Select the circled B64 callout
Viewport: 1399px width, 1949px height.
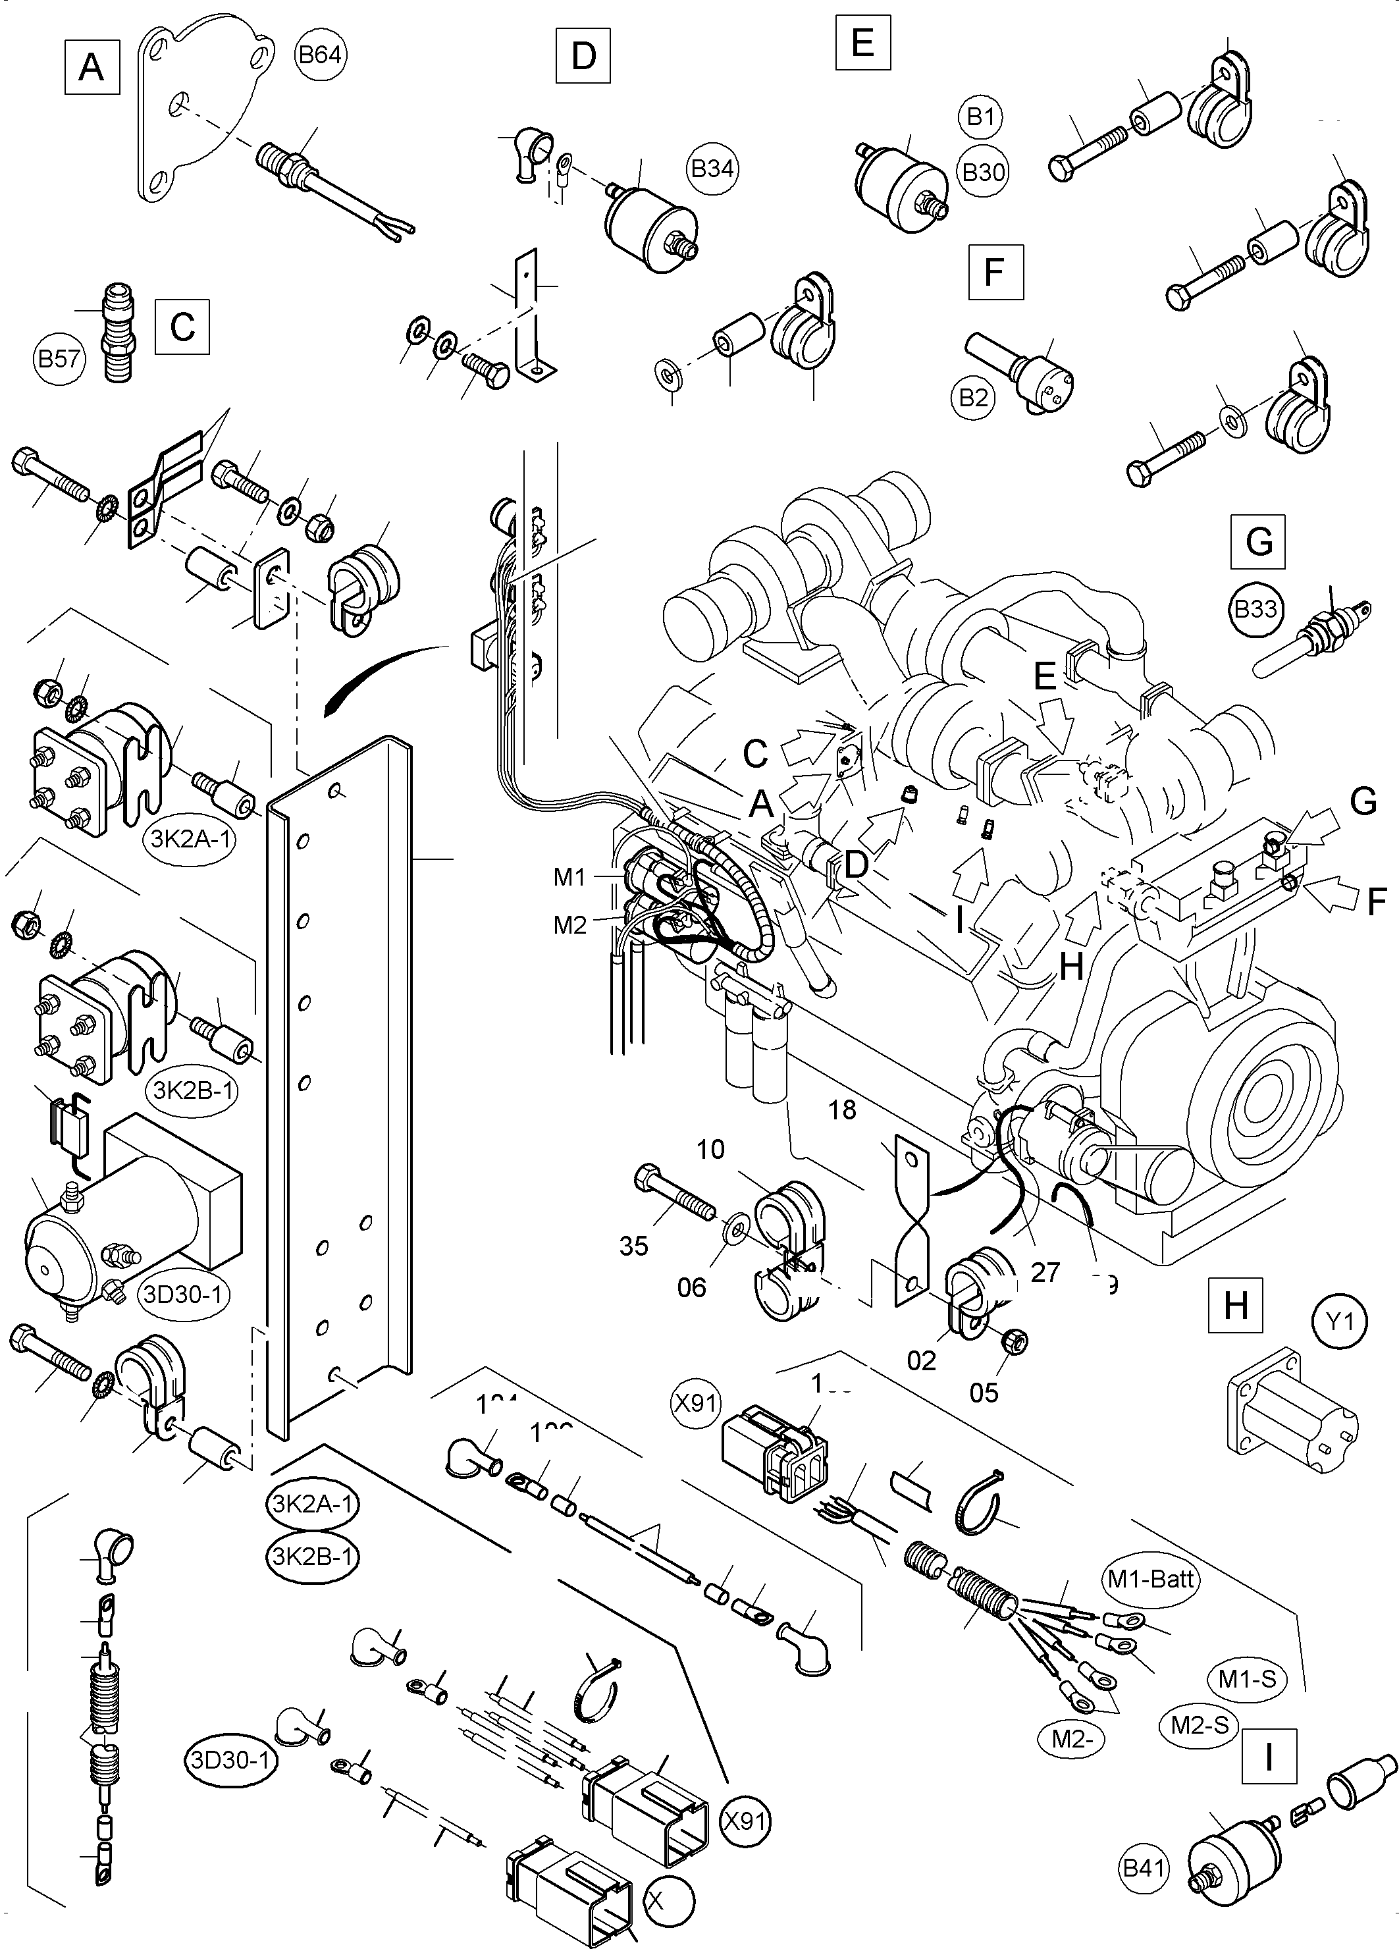point(321,55)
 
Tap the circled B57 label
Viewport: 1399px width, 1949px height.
point(60,358)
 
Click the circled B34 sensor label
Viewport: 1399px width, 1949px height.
point(712,169)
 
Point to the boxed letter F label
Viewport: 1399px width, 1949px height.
point(995,273)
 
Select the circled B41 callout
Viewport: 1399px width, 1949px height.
point(1146,1892)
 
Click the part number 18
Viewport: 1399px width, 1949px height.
point(842,1109)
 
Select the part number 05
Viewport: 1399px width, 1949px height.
point(984,1391)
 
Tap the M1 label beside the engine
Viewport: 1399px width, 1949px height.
point(569,878)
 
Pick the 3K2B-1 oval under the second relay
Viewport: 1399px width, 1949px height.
point(194,1090)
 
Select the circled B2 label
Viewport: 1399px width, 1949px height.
point(973,397)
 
